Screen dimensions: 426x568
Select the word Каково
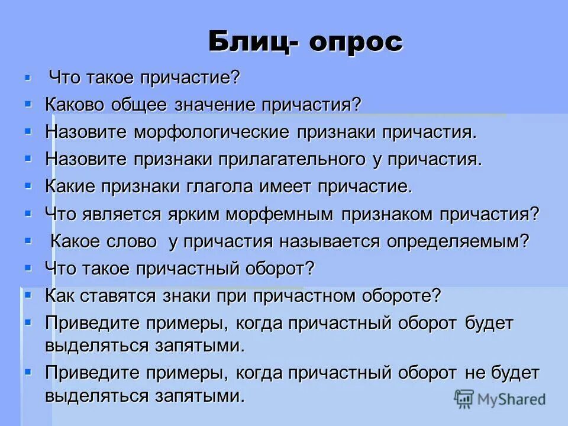pos(74,104)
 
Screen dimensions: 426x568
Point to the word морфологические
pos(212,131)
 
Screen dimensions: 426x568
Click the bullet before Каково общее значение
pos(28,104)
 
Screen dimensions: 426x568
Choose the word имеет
pos(286,186)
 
